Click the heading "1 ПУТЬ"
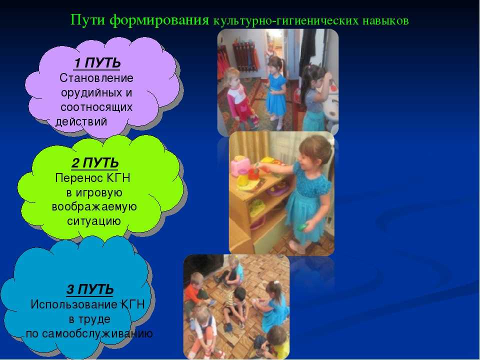click(97, 63)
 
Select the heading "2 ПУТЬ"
click(95, 163)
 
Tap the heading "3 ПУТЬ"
click(90, 289)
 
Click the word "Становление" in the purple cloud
click(96, 78)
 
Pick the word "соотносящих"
click(96, 107)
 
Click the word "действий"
click(81, 122)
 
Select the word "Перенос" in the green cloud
click(79, 178)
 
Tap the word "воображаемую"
click(94, 207)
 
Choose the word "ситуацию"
click(94, 221)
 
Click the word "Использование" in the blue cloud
click(74, 304)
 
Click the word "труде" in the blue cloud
click(94, 319)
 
